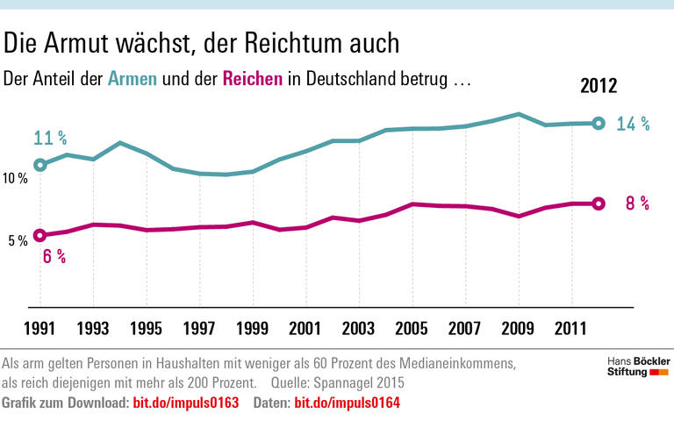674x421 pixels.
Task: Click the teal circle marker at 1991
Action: pos(40,165)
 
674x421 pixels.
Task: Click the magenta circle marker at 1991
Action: pos(40,235)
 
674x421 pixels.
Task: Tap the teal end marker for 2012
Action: pos(599,124)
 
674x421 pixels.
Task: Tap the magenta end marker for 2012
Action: pos(599,203)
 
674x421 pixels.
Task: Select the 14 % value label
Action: pos(632,125)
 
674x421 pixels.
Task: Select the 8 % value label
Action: pos(636,203)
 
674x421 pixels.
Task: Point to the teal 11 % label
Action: pos(50,139)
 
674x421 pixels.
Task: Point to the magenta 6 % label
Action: pos(54,257)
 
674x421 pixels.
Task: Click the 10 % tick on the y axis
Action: pos(16,179)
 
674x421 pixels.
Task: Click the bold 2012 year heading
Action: pos(599,86)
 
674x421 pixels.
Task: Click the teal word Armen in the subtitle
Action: pos(133,79)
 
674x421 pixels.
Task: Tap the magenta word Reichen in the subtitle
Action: pos(253,79)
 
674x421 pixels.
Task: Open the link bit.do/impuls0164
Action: pos(348,402)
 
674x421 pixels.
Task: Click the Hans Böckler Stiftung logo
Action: pos(638,367)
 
